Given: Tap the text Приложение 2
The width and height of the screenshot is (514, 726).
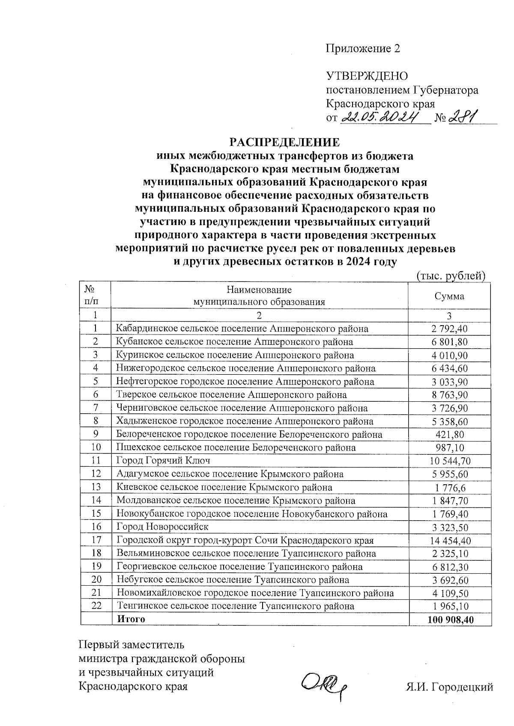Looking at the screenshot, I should click(363, 48).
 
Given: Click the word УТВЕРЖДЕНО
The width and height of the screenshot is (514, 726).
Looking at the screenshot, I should click(367, 76).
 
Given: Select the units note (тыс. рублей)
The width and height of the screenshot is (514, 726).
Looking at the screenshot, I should click(451, 276).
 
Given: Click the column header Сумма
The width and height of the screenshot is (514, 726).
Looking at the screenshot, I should click(449, 296).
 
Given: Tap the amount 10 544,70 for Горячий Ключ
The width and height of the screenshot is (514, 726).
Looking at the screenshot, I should click(450, 461).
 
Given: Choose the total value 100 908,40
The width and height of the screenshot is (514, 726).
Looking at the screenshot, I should click(450, 619).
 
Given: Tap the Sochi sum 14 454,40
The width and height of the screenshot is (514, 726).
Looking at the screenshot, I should click(450, 540).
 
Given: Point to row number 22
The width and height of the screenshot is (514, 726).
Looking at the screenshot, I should click(96, 606).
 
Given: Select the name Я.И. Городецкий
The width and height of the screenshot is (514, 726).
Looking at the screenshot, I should click(449, 687).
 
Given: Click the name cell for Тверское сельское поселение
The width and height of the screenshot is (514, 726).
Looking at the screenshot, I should click(232, 395).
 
